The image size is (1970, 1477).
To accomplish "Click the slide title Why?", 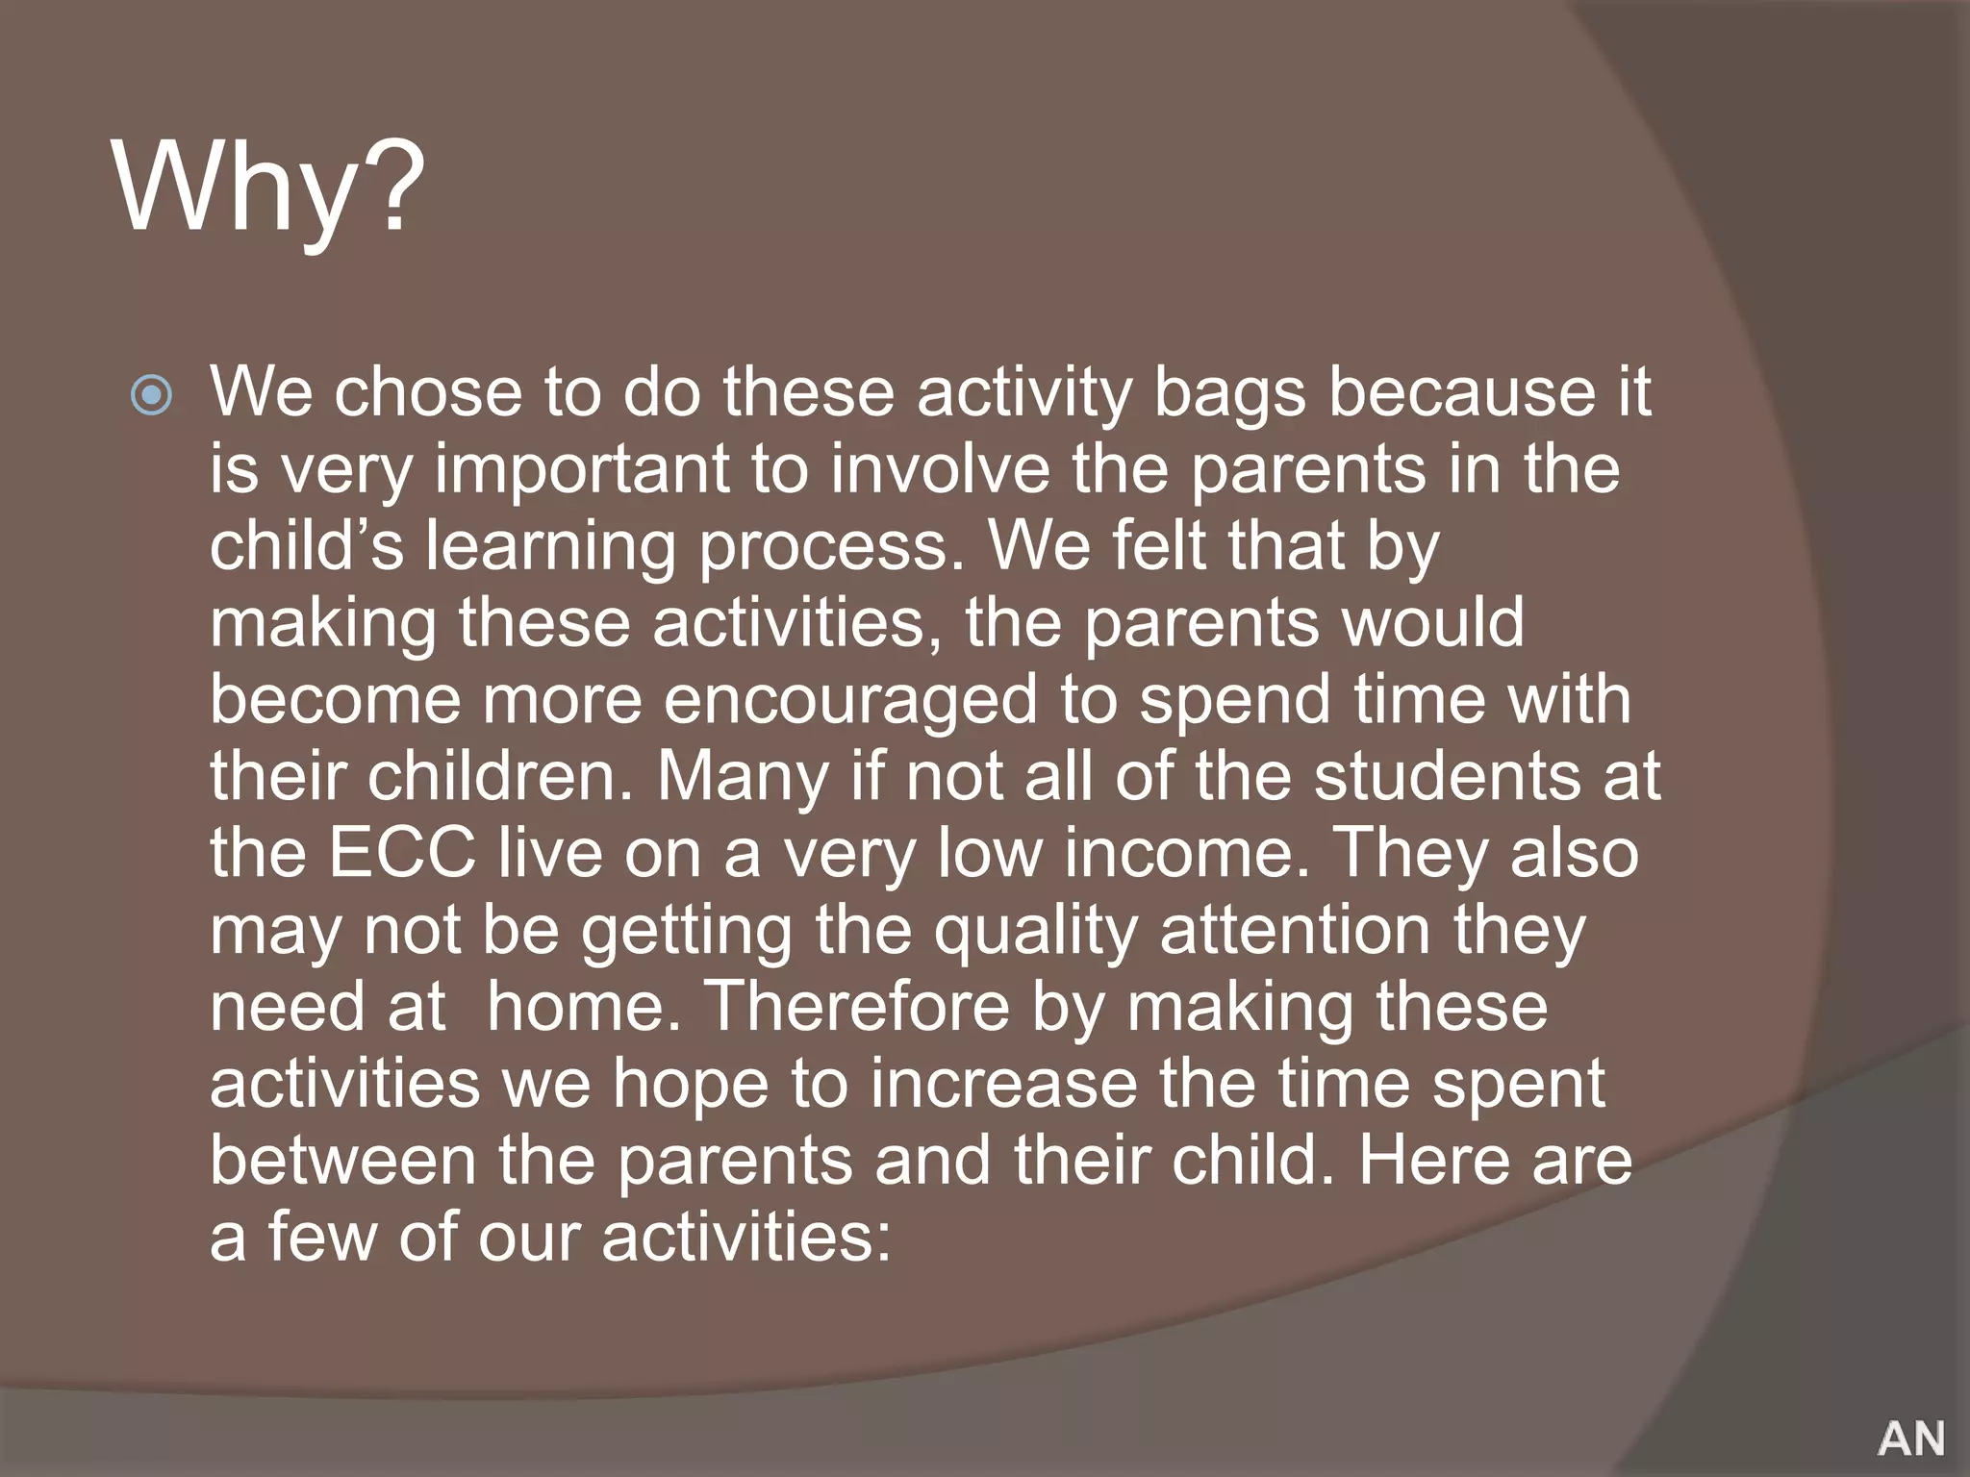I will [269, 188].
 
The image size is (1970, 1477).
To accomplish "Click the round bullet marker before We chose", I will [152, 394].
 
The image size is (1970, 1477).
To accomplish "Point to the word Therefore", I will [858, 1008].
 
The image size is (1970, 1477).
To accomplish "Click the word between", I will [343, 1162].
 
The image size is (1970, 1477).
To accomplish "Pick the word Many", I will [742, 777].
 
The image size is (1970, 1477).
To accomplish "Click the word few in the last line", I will [322, 1239].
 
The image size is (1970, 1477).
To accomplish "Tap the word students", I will [1447, 777].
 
